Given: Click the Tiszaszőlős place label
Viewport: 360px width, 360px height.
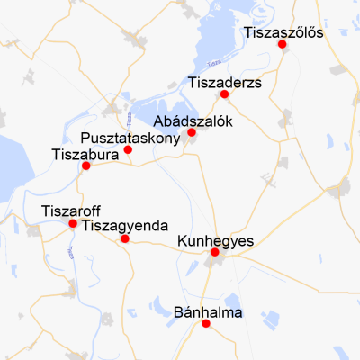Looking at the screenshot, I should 283,33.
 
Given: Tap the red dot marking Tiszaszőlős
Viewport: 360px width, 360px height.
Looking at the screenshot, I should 283,44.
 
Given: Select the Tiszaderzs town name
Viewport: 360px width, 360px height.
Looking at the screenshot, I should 224,83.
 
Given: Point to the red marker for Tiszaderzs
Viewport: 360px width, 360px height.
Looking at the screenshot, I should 224,94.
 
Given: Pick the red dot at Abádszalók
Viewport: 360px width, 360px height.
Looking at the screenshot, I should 191,133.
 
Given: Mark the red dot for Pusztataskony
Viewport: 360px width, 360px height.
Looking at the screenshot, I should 128,149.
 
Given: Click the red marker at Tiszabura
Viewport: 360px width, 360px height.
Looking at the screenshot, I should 85,166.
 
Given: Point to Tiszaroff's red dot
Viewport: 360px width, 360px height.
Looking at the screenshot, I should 73,223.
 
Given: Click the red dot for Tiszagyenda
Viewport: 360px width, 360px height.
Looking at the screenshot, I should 124,238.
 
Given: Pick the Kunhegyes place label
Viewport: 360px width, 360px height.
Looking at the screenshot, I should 216,240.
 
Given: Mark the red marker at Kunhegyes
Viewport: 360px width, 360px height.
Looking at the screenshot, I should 214,253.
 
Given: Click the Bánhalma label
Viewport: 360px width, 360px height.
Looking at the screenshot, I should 206,312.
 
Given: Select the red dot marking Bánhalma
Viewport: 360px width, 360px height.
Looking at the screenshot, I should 206,324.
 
